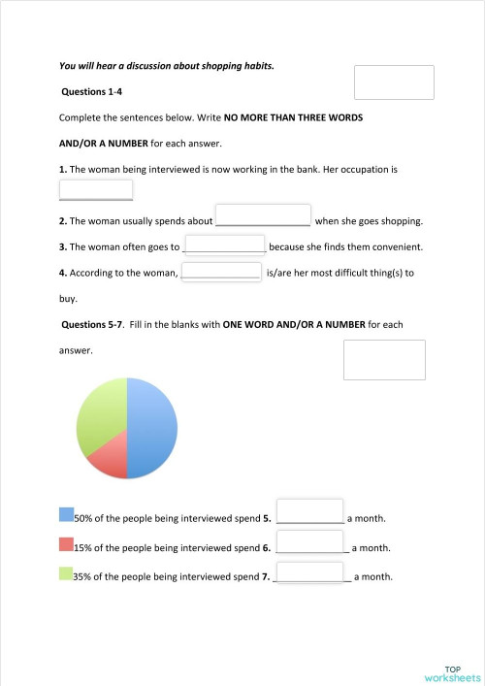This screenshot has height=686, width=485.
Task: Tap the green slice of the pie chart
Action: (x=99, y=412)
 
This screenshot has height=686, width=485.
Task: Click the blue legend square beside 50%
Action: (x=66, y=514)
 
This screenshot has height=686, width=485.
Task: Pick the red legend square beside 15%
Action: (x=66, y=544)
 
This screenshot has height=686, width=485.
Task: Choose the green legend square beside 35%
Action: (x=66, y=574)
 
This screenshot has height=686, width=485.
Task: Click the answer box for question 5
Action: (x=310, y=511)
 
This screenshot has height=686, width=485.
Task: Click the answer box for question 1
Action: (x=95, y=190)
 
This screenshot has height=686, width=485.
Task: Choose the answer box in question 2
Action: (x=262, y=214)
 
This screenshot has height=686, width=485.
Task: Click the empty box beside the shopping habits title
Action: (x=394, y=82)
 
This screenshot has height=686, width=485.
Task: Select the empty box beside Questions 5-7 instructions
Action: (x=384, y=359)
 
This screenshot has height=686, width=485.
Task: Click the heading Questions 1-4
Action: (x=89, y=92)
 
